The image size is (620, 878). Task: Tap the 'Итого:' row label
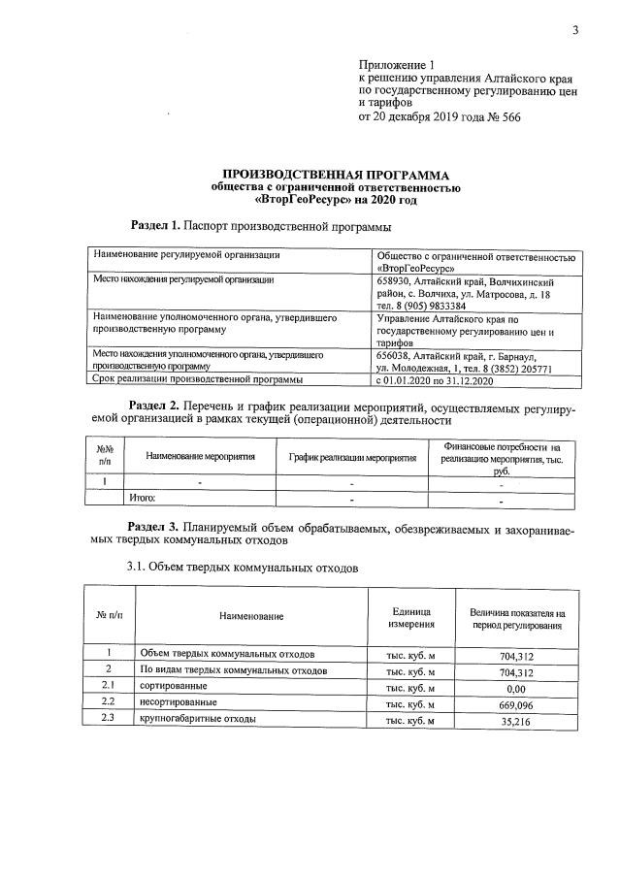coord(144,499)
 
